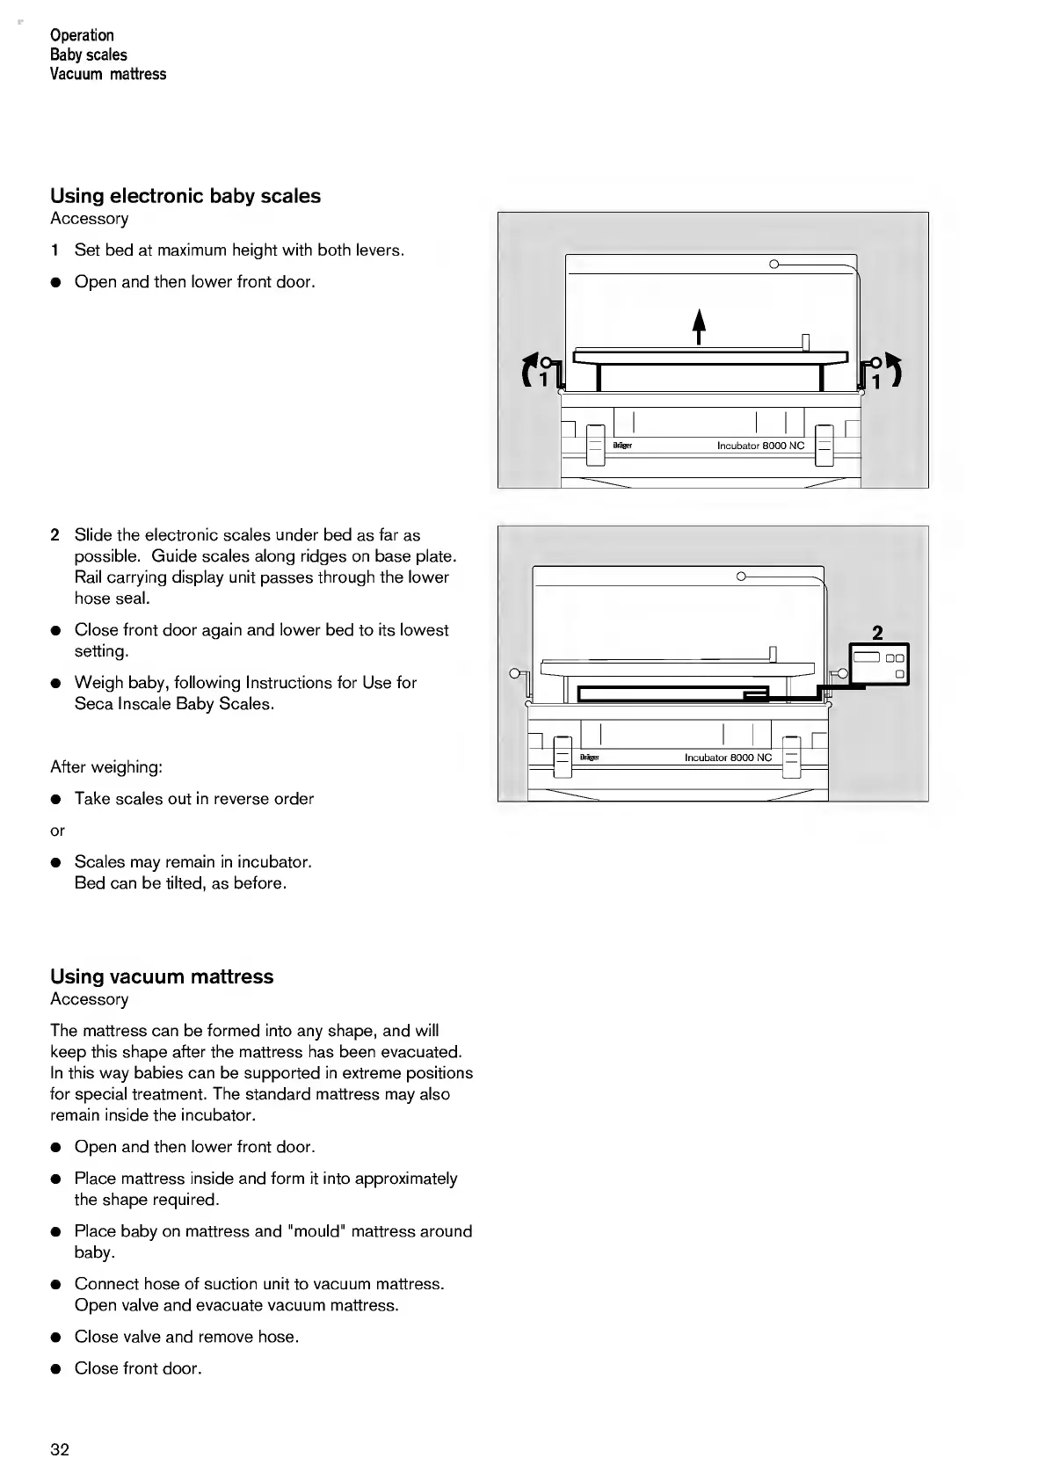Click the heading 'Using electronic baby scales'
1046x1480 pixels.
coord(185,196)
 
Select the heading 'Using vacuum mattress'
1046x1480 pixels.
coord(162,976)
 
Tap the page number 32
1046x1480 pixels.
coord(60,1449)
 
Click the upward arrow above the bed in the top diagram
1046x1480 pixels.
coord(699,326)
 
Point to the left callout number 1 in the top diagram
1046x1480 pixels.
coord(543,380)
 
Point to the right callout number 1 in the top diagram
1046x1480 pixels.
coord(875,380)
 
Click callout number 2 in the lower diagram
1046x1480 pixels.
coord(876,632)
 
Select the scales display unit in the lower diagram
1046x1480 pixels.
coord(879,664)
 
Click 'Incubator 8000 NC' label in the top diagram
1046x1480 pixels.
coord(760,446)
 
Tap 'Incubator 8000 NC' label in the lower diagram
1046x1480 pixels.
coord(728,758)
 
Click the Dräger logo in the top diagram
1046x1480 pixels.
coord(622,446)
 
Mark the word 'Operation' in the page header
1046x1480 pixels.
coord(82,35)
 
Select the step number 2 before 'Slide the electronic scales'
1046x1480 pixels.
coord(55,535)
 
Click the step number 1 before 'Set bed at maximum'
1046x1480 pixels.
coord(55,250)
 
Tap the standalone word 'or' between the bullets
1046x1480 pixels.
coord(57,831)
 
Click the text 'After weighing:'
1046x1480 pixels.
coord(106,767)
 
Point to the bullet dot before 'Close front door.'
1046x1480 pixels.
coord(55,1369)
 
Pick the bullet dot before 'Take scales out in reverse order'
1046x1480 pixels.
coord(55,800)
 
